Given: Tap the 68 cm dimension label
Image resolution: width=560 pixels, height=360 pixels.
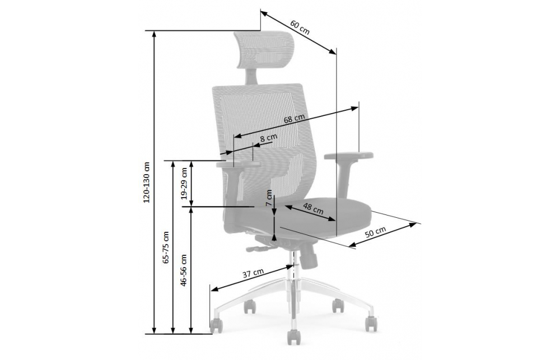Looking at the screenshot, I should click(294, 119).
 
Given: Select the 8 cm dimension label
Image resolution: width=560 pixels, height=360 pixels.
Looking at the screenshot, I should click(269, 137).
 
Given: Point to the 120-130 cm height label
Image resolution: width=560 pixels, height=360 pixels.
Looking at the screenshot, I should click(147, 182).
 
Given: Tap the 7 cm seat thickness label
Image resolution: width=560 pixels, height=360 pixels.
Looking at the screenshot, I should click(269, 199).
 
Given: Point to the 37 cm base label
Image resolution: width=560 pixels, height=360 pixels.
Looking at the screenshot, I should click(253, 273).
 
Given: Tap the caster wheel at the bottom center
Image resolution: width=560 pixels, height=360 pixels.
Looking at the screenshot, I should click(292, 338).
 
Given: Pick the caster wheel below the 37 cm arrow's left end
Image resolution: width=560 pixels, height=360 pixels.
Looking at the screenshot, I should click(215, 325).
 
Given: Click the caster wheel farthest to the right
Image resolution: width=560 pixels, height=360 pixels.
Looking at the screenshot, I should click(371, 324).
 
